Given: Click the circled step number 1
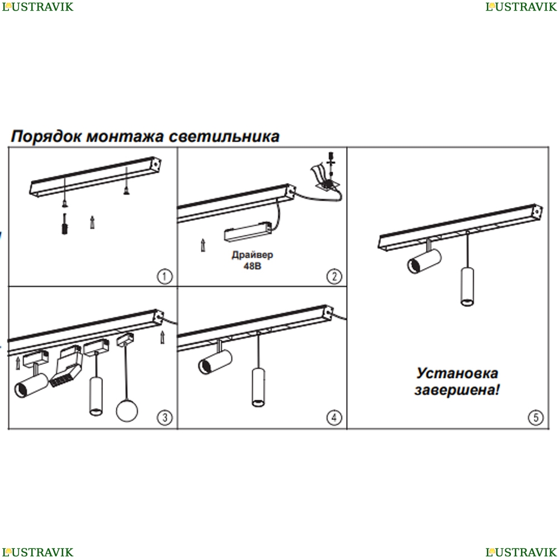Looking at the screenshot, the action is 164,276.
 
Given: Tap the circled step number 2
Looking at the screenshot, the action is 334,276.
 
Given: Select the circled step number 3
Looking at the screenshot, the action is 164,418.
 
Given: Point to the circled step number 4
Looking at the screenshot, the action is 334,418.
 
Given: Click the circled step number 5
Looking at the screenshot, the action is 536,418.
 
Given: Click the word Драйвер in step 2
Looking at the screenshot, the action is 253,255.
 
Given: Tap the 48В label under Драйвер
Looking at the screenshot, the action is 253,266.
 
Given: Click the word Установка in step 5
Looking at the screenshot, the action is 457,373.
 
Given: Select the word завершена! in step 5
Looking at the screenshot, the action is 457,390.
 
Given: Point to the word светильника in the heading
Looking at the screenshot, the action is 224,136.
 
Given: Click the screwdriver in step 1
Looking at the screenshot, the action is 64,224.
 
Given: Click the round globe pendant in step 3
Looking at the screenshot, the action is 127,411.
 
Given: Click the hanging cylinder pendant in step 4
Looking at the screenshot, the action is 258,387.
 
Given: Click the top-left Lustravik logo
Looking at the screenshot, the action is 37,6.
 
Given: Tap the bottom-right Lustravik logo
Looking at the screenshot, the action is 521,552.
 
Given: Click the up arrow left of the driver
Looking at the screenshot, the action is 203,245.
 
